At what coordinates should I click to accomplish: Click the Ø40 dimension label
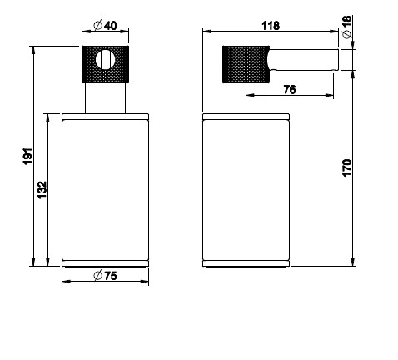point(105,26)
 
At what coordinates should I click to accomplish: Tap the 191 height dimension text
point(28,157)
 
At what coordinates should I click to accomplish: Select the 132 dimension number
point(42,190)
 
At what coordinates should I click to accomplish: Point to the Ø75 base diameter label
point(105,276)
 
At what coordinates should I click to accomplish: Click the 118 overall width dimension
point(271,26)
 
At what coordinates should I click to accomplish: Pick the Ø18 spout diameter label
point(347,27)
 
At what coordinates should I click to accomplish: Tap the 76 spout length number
point(290,90)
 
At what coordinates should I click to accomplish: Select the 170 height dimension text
point(347,167)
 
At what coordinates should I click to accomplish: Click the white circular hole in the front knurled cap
point(106,60)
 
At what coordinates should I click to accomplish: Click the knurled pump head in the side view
point(246,64)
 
